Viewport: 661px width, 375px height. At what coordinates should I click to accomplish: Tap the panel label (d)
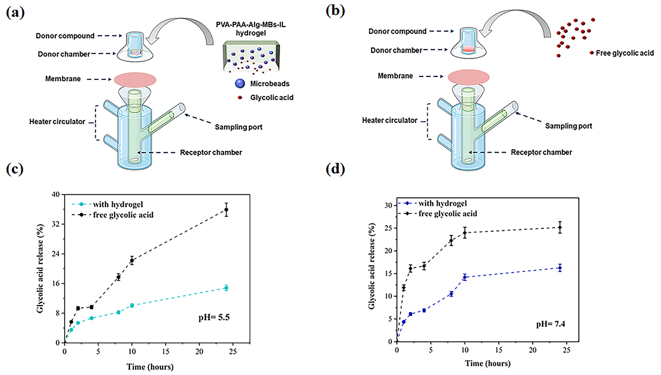click(335, 169)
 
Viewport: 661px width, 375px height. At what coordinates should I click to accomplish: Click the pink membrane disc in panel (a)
click(135, 80)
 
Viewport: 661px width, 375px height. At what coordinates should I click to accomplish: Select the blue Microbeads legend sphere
click(240, 83)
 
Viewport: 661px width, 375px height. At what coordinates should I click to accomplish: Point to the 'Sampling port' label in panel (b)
click(568, 126)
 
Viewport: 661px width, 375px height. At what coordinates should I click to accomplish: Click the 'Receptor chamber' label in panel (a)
click(211, 152)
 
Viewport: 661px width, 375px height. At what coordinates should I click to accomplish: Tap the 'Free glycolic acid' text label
click(625, 53)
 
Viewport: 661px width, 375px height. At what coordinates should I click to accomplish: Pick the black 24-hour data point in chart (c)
click(226, 210)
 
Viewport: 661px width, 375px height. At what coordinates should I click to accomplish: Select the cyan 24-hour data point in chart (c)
click(226, 288)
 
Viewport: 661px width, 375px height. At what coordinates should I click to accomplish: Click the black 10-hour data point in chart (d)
click(465, 233)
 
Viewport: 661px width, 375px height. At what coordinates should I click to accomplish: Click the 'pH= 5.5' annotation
click(214, 317)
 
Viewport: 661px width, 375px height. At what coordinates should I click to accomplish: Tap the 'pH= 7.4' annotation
click(551, 324)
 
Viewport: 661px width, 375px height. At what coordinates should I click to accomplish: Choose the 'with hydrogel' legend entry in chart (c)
click(118, 204)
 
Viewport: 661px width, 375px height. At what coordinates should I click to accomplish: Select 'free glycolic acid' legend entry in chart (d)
click(448, 214)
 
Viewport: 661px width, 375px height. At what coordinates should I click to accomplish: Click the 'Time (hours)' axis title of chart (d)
click(487, 363)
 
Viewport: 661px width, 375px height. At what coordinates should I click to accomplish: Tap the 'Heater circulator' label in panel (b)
click(389, 120)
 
